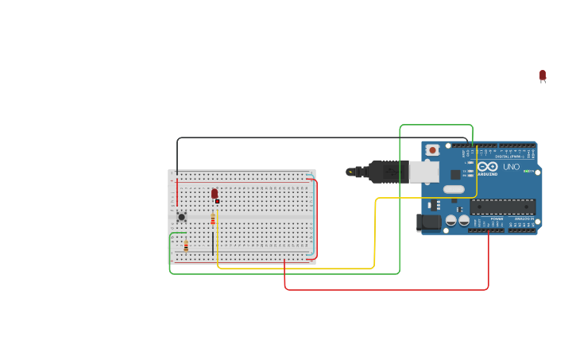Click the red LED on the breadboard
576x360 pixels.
tap(215, 193)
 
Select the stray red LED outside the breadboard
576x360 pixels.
tap(543, 75)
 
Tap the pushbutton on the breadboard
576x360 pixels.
tap(181, 217)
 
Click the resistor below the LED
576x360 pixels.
tap(213, 219)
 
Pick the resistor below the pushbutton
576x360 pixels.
tap(186, 246)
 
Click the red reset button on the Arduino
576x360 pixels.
tap(432, 149)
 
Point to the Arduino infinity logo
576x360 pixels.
tap(487, 167)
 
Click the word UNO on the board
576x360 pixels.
tap(511, 167)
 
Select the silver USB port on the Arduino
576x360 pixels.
tap(423, 172)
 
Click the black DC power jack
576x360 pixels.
tap(429, 223)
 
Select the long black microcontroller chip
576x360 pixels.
tap(502, 207)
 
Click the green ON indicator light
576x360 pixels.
tap(528, 171)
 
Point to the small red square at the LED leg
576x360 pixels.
tap(217, 201)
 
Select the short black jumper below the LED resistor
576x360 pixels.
tap(213, 242)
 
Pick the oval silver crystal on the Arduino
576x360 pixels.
tap(454, 189)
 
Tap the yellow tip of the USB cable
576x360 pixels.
tap(350, 171)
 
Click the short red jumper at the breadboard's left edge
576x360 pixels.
tap(176, 193)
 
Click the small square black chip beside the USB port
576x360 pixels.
tap(456, 174)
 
